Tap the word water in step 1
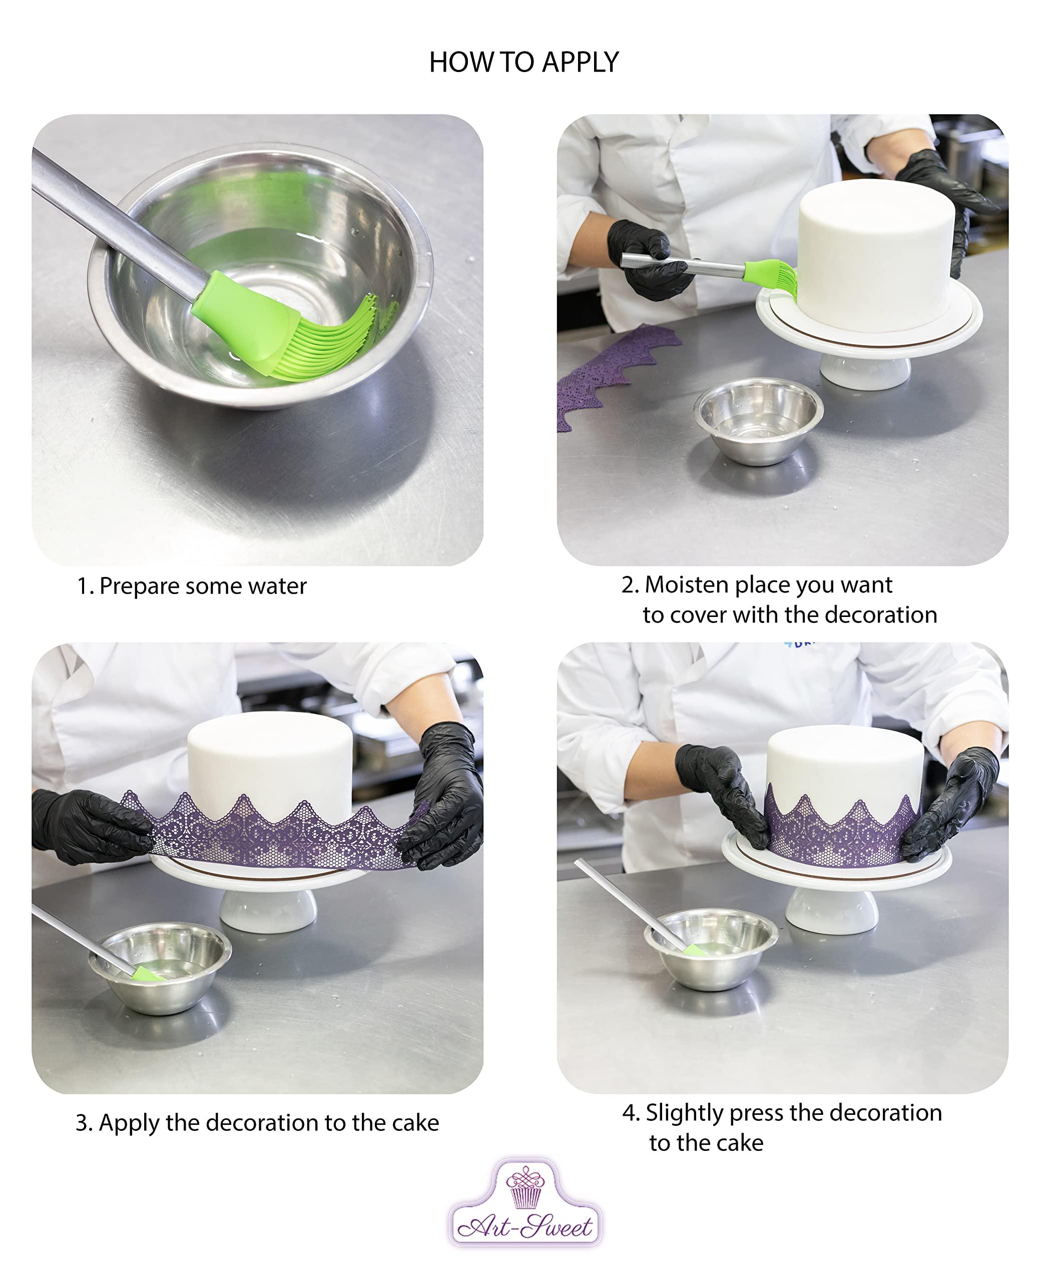click(x=277, y=586)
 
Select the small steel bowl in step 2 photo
click(x=759, y=420)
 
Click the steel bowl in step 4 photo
click(x=711, y=949)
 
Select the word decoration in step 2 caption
click(x=881, y=615)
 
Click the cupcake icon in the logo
click(x=525, y=1186)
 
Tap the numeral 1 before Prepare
click(x=83, y=586)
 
